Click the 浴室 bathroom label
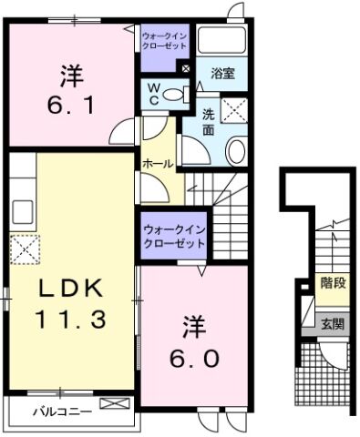[x=223, y=73]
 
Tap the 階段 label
[x=331, y=284]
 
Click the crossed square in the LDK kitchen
[x=23, y=247]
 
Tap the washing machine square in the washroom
[x=235, y=110]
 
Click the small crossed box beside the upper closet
[x=185, y=67]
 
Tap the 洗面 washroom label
[x=209, y=124]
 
